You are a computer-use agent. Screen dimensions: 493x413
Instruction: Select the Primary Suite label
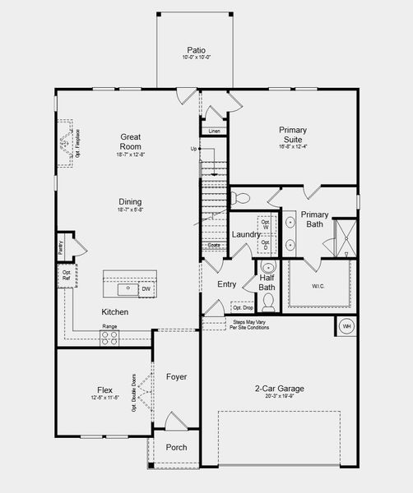pyautogui.click(x=293, y=134)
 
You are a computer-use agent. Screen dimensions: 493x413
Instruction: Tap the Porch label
pyautogui.click(x=175, y=447)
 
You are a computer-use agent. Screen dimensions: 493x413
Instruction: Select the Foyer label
pyautogui.click(x=175, y=376)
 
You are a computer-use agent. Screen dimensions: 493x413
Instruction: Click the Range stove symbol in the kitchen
pyautogui.click(x=109, y=338)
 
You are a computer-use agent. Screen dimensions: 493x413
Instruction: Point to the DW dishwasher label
pyautogui.click(x=146, y=288)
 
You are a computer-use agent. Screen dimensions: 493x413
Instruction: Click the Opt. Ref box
pyautogui.click(x=66, y=275)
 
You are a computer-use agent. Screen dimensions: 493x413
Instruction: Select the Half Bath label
pyautogui.click(x=267, y=283)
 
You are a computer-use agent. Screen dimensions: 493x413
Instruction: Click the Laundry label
pyautogui.click(x=245, y=234)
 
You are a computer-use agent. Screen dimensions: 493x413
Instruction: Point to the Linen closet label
pyautogui.click(x=214, y=131)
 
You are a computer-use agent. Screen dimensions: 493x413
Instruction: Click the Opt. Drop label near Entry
pyautogui.click(x=242, y=307)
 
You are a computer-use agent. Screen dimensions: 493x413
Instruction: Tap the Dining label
pyautogui.click(x=130, y=201)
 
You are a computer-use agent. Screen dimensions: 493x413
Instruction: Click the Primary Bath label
pyautogui.click(x=314, y=219)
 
